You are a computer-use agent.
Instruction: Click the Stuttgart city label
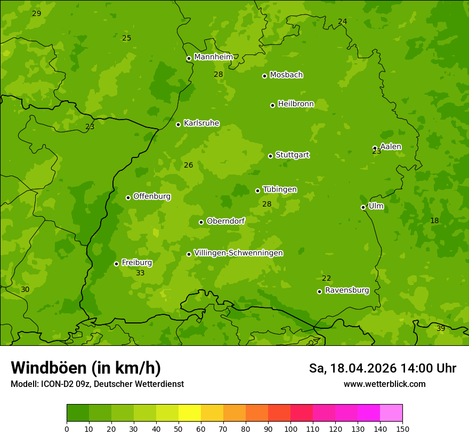point(292,155)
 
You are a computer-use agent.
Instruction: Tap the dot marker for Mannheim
point(189,59)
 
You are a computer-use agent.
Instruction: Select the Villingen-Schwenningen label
point(238,253)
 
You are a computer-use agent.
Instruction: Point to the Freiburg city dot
point(116,264)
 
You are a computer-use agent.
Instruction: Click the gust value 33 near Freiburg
point(140,273)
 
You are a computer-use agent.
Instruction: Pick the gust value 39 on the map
point(441,328)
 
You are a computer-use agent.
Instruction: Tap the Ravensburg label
point(347,290)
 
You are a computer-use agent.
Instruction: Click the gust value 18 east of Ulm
point(434,220)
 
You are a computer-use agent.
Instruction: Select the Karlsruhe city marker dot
point(178,124)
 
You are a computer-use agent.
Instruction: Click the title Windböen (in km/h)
point(86,368)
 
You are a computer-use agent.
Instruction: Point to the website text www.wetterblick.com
point(384,384)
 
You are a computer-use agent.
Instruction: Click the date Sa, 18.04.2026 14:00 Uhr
point(382,368)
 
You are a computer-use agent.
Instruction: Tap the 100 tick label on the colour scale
point(290,429)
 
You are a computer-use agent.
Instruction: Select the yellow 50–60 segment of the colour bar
point(190,413)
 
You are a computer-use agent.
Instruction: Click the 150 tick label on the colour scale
point(402,429)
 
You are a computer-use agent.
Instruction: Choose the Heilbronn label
point(296,104)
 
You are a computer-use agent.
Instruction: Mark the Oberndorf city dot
point(201,222)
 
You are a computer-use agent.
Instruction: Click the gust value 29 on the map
point(36,13)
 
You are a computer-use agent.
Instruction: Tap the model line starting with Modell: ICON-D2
point(97,384)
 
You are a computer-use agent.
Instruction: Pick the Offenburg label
point(152,196)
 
